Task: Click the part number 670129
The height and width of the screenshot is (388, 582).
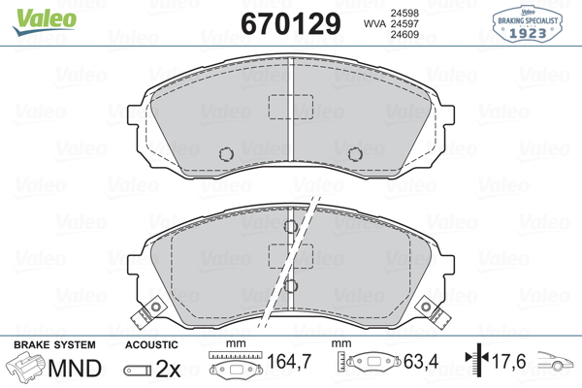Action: [x=291, y=23]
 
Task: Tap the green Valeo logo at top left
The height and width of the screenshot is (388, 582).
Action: [x=45, y=21]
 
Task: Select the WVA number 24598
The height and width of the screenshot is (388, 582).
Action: [x=404, y=13]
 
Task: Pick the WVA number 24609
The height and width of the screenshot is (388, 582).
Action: [x=404, y=35]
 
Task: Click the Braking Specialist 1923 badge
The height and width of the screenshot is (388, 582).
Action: [x=528, y=23]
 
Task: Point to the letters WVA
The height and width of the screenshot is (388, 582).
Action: [x=374, y=23]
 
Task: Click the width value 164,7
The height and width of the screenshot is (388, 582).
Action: [x=289, y=361]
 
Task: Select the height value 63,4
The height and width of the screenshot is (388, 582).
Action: [x=421, y=361]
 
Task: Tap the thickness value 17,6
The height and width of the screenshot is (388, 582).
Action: [x=509, y=361]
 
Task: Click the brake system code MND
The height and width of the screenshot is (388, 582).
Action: [x=75, y=369]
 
